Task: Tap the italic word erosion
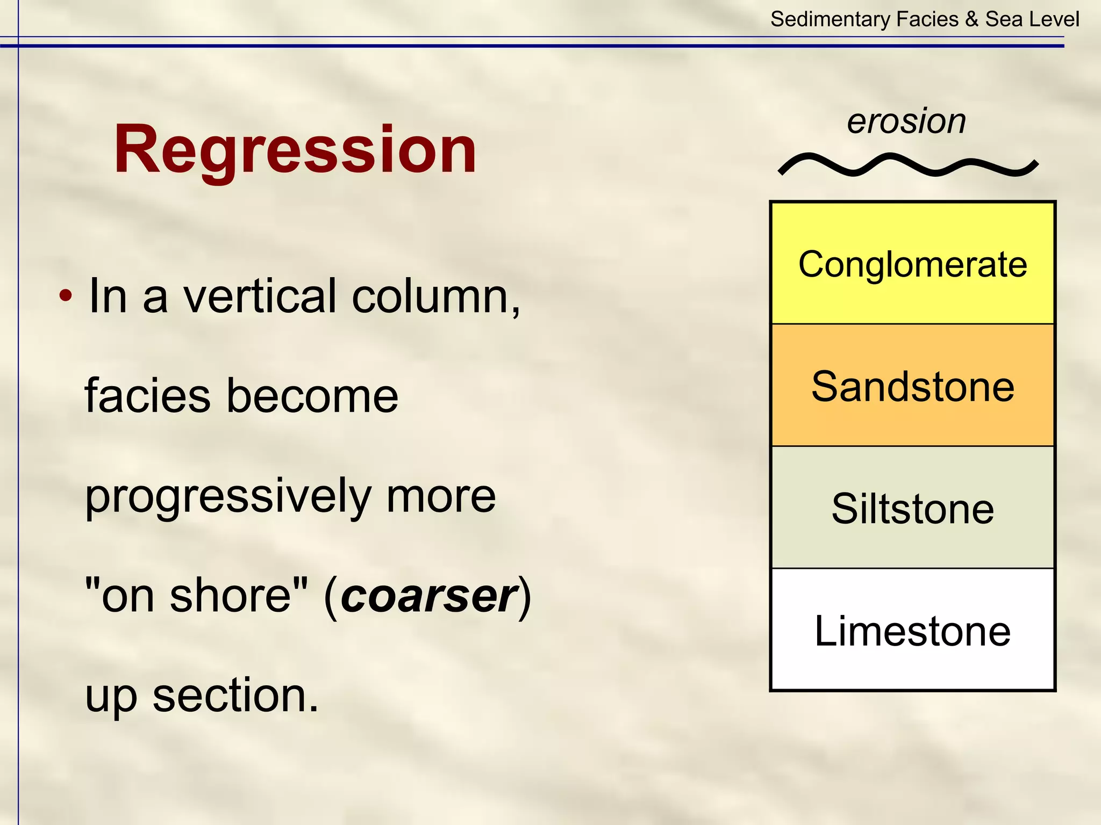[906, 121]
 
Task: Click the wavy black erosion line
[908, 165]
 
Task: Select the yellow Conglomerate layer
[912, 264]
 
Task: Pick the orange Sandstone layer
[912, 386]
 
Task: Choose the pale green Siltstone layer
[912, 508]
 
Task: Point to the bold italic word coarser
[429, 596]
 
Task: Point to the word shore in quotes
[231, 596]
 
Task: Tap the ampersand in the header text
[971, 19]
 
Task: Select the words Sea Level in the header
[1032, 19]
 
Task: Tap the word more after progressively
[441, 497]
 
